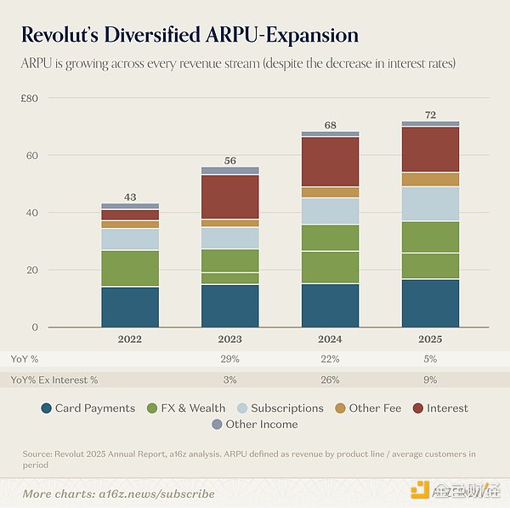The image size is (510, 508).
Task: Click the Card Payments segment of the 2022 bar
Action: (x=130, y=307)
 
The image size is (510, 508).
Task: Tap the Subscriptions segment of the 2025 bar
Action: (x=431, y=204)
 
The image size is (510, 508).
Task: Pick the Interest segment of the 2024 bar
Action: (x=331, y=162)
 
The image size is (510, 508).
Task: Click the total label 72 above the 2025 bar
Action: (x=431, y=114)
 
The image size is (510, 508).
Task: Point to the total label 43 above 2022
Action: (x=130, y=197)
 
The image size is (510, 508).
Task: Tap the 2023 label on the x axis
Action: (x=230, y=339)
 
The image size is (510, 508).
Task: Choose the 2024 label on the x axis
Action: (x=331, y=339)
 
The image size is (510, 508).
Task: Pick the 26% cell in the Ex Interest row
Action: (x=331, y=380)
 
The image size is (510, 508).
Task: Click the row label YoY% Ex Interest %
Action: (x=54, y=380)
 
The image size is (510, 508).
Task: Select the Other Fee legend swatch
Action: (x=341, y=408)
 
